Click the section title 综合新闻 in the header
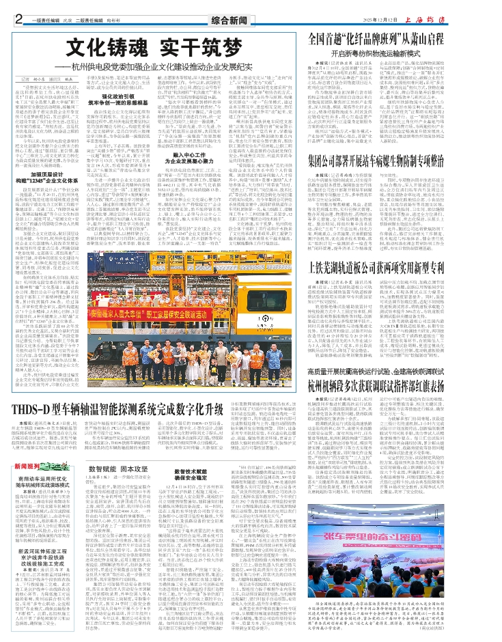coord(250,18)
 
